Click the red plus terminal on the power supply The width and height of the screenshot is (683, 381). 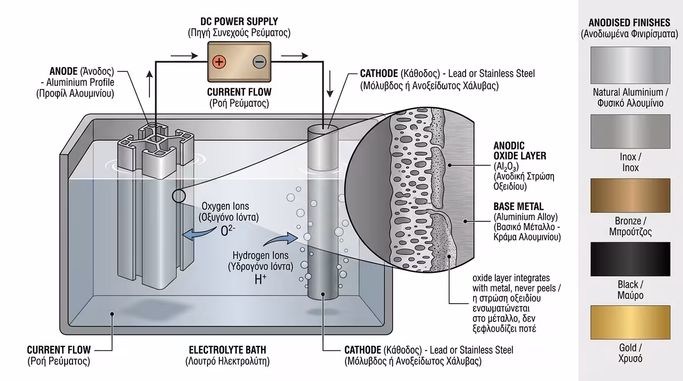(x=219, y=62)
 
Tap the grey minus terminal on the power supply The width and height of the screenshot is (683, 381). (x=260, y=62)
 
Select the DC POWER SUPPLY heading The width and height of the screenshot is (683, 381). (x=239, y=22)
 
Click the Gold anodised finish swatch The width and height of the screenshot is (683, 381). (x=630, y=322)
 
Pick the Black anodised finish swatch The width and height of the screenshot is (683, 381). (x=630, y=258)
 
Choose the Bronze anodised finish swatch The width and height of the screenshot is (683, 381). (x=630, y=195)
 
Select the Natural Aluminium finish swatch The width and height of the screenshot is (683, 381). (x=630, y=65)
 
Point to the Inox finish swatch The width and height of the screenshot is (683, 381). (x=630, y=131)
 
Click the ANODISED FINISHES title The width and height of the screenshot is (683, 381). (x=629, y=23)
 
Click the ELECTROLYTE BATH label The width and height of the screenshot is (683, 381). (x=227, y=350)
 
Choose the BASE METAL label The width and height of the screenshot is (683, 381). (x=518, y=206)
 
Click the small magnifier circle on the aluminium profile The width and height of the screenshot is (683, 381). (x=179, y=196)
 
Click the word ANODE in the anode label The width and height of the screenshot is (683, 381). (x=64, y=71)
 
